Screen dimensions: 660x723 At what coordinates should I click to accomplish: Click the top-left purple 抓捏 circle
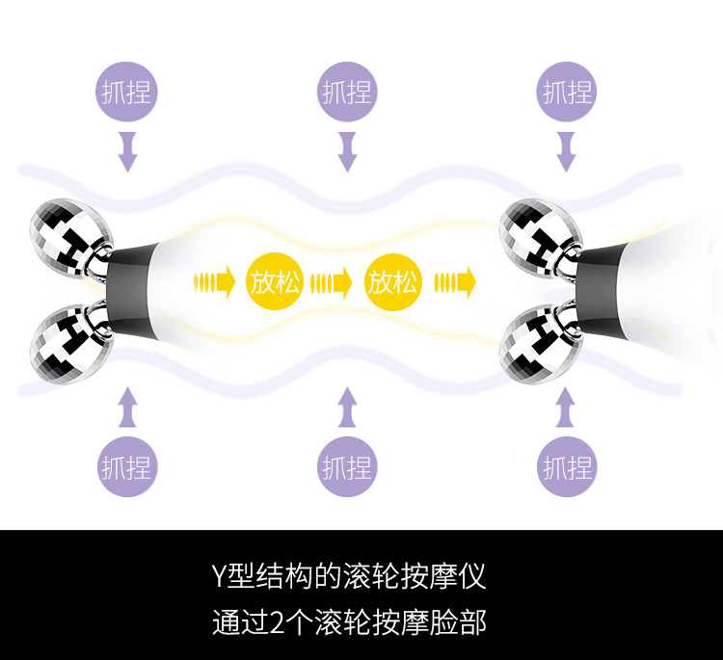click(127, 92)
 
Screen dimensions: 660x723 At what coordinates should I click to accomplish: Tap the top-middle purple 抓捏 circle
click(346, 92)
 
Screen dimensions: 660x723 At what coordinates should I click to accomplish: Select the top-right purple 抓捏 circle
click(567, 92)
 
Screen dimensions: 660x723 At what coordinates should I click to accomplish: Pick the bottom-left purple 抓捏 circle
click(127, 468)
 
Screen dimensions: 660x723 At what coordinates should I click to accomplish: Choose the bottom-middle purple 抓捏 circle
click(346, 468)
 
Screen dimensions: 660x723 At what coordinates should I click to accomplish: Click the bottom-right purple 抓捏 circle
click(567, 468)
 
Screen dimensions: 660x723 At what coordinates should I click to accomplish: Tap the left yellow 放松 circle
click(276, 282)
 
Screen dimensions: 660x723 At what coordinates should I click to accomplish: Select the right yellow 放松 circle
click(393, 282)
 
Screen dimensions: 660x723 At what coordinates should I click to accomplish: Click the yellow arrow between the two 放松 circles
click(335, 282)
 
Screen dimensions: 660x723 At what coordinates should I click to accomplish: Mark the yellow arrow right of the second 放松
click(455, 282)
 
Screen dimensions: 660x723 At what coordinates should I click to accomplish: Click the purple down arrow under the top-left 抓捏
click(127, 151)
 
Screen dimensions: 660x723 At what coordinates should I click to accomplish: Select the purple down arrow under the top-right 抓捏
click(567, 151)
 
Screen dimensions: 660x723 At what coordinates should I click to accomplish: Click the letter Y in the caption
click(219, 577)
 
